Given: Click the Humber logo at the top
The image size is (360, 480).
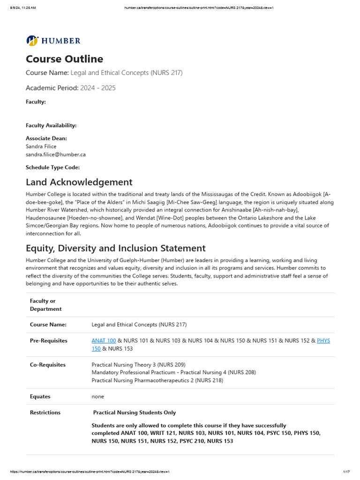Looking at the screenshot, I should pos(53,41).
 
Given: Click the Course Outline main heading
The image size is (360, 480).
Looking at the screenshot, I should pos(64,59).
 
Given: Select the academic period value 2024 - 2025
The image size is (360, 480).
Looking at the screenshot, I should pos(97,88).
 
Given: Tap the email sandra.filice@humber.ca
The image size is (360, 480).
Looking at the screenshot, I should pos(55,154).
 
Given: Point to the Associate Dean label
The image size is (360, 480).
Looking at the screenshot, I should pos(46,138).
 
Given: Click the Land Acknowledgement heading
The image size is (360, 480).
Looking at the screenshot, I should pos(79,182).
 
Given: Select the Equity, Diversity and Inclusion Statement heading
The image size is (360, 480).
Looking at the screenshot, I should pos(115,248).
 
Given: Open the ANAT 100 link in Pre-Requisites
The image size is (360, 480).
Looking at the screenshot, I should pos(104,341).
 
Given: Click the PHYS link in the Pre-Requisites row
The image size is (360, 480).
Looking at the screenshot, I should pos(323,341).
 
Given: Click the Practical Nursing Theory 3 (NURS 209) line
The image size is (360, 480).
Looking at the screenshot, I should pos(138,365).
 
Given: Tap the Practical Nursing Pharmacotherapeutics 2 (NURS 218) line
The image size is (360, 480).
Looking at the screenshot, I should pos(157,381).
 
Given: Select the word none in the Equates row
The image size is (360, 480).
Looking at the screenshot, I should pos(97,397).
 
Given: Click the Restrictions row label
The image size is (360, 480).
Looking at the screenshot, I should pos(45,412).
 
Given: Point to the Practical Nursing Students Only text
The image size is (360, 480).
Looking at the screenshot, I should pos(135,412).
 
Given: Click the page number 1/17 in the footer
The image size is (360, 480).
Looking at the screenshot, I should pos(347,472).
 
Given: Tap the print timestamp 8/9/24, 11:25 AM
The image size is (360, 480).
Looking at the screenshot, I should pos(23,8).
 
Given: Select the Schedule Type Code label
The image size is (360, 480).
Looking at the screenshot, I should pos(52,167).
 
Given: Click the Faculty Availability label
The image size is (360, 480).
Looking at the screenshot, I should pos(51,125).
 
